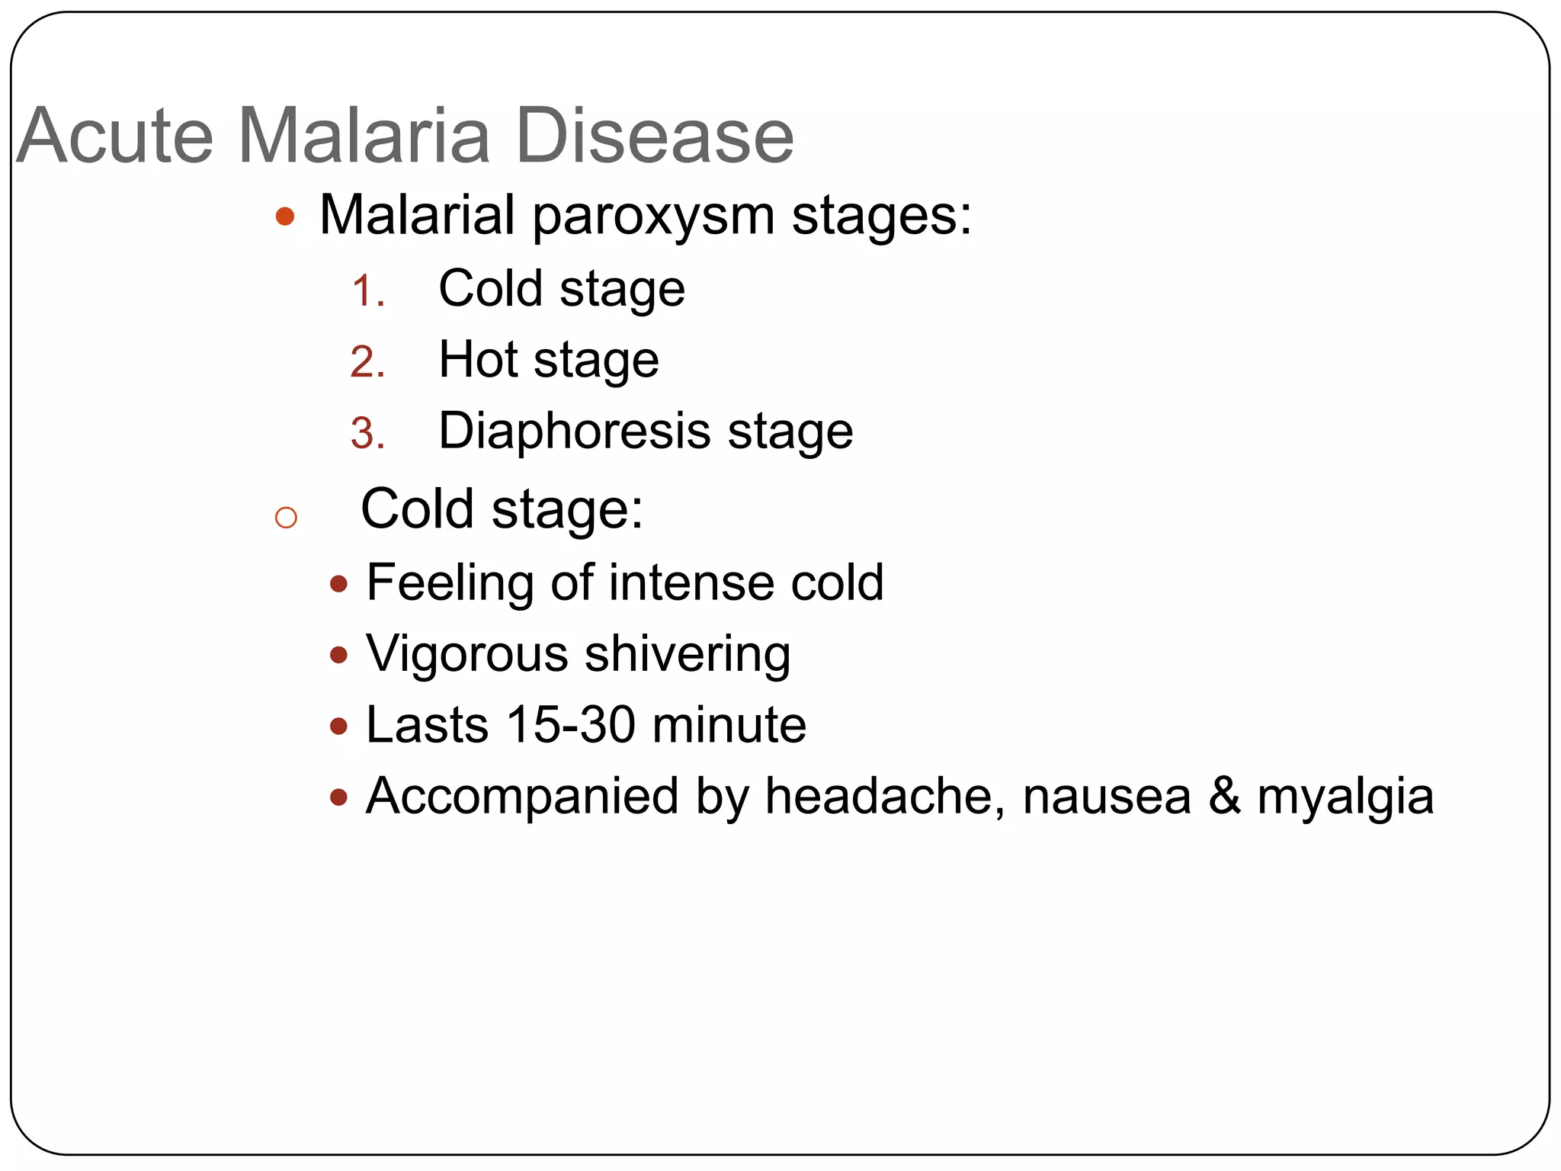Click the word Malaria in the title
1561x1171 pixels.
coord(364,136)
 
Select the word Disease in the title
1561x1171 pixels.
coord(655,136)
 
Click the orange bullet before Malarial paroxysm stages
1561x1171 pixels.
coord(285,217)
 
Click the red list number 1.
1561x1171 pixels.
coord(367,292)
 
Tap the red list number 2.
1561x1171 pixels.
coord(367,363)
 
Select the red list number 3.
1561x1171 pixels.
coord(367,434)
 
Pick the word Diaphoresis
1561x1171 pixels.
coord(574,432)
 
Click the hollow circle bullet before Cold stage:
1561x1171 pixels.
coord(286,518)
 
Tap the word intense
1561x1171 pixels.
coord(691,583)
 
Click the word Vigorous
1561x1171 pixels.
coord(467,654)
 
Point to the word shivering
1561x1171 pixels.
coord(688,654)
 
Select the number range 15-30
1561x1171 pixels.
coord(571,725)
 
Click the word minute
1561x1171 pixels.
coord(729,725)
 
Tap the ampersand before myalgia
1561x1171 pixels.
coord(1224,797)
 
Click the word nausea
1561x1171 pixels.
coord(1107,797)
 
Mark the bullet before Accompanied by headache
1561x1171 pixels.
coord(339,798)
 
